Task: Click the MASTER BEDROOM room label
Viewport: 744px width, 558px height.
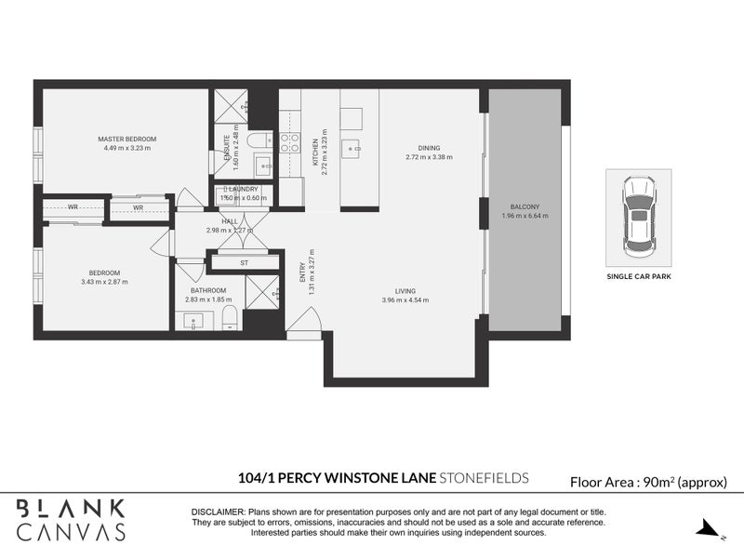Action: coord(127,139)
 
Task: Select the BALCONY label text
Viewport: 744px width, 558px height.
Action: coord(525,206)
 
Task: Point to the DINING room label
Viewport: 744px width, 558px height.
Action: coord(429,148)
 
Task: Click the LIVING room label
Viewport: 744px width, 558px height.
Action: coord(405,290)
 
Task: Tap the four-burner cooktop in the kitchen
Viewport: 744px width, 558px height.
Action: coord(289,144)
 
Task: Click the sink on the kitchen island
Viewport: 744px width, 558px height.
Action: coord(352,148)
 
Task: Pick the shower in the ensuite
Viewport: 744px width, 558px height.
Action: coord(224,106)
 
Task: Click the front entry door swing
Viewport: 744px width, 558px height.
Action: coord(303,322)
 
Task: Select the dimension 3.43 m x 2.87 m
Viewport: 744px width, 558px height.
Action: coord(104,282)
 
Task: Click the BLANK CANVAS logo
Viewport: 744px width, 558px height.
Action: coord(71,519)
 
